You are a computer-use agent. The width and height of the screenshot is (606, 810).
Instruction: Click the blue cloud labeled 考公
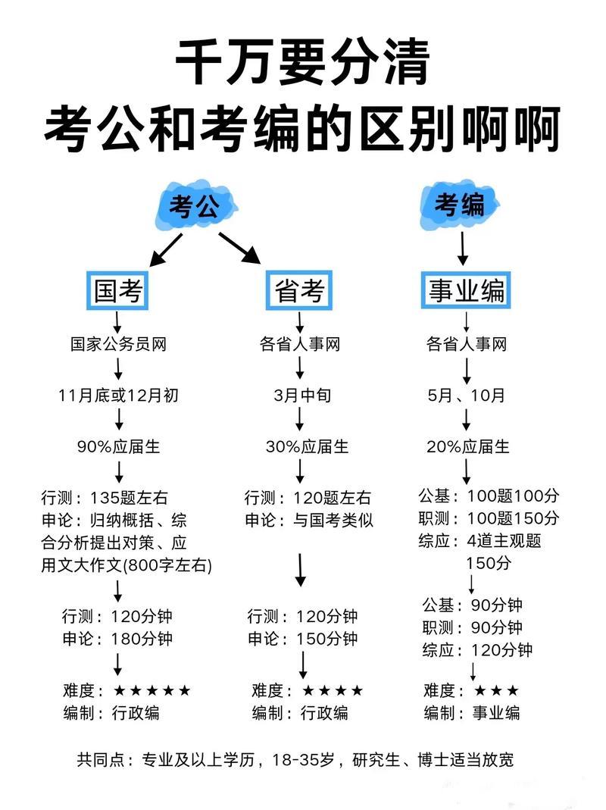(193, 206)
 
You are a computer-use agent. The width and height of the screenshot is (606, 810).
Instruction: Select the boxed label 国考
(117, 290)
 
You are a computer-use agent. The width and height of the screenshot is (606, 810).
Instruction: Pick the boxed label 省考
(299, 290)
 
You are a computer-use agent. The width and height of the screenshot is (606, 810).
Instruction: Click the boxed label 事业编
(466, 290)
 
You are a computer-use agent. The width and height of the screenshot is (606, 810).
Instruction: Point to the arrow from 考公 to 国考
(166, 249)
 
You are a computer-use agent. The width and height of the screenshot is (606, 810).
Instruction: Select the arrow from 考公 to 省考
(239, 248)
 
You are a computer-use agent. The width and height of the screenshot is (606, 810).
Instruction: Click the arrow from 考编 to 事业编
(463, 247)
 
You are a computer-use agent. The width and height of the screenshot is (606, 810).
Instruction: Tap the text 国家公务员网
(117, 345)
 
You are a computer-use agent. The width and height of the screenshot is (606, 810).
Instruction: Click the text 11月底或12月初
(118, 396)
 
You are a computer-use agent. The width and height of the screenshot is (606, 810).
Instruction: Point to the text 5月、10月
(466, 396)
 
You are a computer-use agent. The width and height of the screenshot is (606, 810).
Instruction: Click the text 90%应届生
(118, 446)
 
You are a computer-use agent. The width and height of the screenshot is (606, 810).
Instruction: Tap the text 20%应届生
(467, 446)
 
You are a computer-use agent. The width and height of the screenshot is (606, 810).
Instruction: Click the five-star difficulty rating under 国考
(151, 690)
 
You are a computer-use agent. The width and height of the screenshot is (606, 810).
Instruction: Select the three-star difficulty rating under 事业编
(496, 690)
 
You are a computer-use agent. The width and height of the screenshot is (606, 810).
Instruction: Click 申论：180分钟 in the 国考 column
(117, 638)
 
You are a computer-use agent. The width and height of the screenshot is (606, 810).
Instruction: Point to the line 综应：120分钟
(477, 649)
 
